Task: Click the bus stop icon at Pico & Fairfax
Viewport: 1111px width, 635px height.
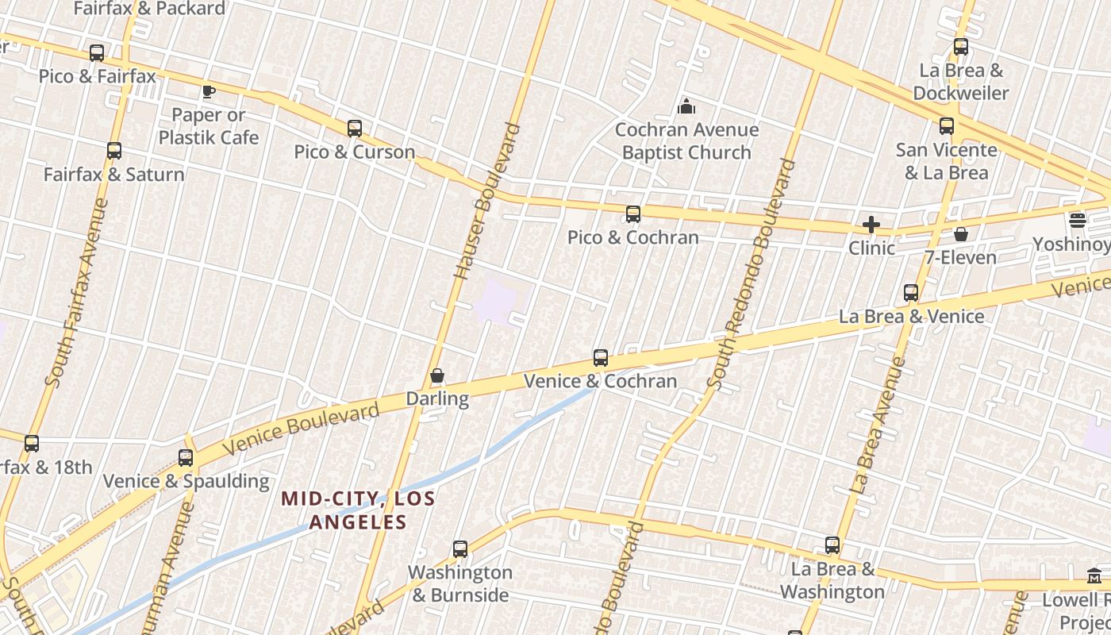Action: (x=97, y=53)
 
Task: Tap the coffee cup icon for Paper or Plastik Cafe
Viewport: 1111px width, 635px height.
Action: (x=209, y=91)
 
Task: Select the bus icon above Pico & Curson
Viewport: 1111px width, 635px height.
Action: (x=355, y=128)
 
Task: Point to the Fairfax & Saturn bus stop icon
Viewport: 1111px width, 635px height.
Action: (x=114, y=151)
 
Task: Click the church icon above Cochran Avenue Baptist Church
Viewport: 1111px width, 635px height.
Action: (x=686, y=106)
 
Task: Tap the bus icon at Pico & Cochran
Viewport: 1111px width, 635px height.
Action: (x=632, y=214)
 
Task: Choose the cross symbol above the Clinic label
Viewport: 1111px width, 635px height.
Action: (x=871, y=225)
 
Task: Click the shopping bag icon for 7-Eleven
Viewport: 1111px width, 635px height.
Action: (x=961, y=234)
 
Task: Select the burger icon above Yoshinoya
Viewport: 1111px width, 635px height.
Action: (x=1077, y=220)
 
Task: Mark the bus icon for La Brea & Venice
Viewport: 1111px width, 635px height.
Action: (x=911, y=293)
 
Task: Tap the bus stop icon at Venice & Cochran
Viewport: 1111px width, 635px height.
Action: (x=601, y=358)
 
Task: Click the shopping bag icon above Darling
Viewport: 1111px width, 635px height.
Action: (x=437, y=375)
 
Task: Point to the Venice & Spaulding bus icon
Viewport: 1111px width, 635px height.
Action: (x=186, y=458)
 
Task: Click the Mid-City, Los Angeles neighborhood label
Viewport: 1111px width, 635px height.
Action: (x=358, y=510)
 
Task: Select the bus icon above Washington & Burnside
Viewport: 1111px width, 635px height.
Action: (x=460, y=548)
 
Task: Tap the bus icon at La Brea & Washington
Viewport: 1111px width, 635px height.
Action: (x=832, y=545)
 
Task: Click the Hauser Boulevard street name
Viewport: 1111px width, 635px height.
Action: (x=486, y=201)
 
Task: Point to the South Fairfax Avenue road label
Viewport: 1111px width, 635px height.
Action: (x=77, y=293)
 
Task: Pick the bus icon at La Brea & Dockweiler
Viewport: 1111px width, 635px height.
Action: (x=961, y=47)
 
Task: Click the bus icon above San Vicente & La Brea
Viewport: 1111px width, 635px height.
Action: (x=947, y=126)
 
